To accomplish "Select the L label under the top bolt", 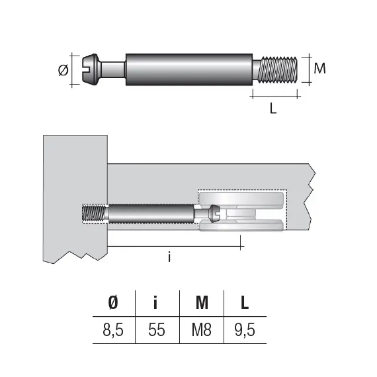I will click(272, 109).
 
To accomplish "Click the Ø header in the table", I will click(113, 303).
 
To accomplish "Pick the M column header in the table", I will click(202, 303).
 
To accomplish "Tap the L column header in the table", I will click(245, 303).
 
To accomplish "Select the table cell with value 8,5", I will click(113, 329).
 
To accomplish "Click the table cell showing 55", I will click(157, 329).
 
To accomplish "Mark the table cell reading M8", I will click(202, 329).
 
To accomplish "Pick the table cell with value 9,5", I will click(245, 329).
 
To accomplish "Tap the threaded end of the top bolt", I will click(280, 69).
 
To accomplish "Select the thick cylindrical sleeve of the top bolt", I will click(188, 69).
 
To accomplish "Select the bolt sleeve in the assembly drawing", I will click(149, 214).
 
